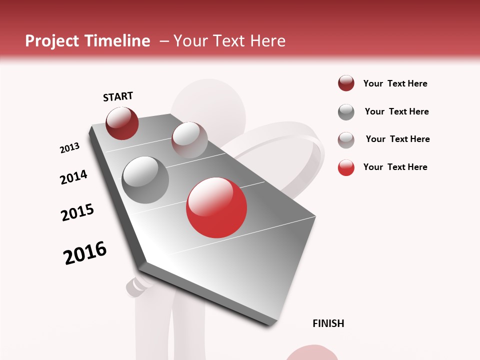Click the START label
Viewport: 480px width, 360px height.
(118, 96)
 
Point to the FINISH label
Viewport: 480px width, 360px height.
(328, 323)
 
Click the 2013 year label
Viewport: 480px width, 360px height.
(69, 148)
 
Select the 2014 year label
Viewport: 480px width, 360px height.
(73, 177)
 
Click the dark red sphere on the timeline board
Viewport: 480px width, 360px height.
(122, 123)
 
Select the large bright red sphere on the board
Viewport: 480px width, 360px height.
(216, 207)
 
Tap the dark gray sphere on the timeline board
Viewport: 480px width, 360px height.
(145, 180)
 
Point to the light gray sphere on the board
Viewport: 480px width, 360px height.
(189, 140)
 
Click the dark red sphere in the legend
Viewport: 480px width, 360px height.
(346, 83)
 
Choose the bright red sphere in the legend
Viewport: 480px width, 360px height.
(346, 167)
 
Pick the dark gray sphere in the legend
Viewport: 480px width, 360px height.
(346, 112)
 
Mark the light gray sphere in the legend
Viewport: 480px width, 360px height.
(346, 140)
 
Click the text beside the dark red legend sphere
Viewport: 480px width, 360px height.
(395, 83)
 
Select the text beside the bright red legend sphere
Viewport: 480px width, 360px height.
(395, 167)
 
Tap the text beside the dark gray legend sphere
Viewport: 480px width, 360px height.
(396, 111)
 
